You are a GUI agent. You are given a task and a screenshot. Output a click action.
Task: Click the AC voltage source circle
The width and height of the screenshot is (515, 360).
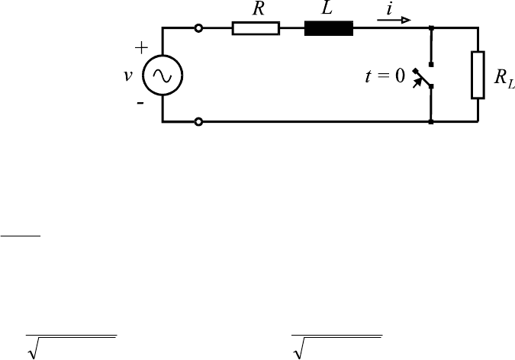click(163, 75)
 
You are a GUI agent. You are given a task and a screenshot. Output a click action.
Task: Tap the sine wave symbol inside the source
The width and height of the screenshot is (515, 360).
click(163, 75)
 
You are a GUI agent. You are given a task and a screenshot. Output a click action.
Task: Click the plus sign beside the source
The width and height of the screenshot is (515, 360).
click(141, 47)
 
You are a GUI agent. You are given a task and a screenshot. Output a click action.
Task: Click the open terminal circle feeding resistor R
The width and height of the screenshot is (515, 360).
click(199, 29)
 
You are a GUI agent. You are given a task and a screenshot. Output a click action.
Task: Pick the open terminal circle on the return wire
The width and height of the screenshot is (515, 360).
click(199, 121)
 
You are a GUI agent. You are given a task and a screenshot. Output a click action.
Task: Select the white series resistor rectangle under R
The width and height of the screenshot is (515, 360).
click(256, 29)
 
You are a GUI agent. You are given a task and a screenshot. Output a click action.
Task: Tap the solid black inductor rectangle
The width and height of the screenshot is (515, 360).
click(329, 29)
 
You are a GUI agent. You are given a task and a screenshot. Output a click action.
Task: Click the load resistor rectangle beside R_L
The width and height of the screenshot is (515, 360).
click(478, 75)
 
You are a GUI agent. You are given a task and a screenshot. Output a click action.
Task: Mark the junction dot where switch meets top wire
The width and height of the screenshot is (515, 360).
click(432, 29)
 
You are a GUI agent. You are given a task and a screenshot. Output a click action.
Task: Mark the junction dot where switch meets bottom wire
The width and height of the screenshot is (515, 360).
click(432, 121)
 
